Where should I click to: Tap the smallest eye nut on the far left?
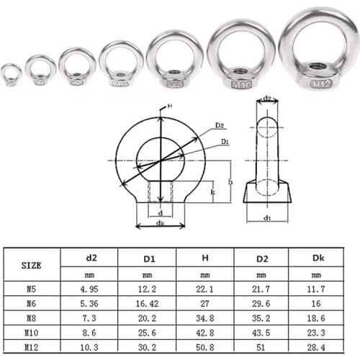click(11, 75)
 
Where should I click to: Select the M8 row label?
click(30, 317)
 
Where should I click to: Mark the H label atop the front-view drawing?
click(170, 107)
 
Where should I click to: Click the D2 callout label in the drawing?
click(219, 125)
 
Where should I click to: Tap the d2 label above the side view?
click(266, 98)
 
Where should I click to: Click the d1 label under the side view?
click(266, 217)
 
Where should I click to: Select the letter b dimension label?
click(230, 182)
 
